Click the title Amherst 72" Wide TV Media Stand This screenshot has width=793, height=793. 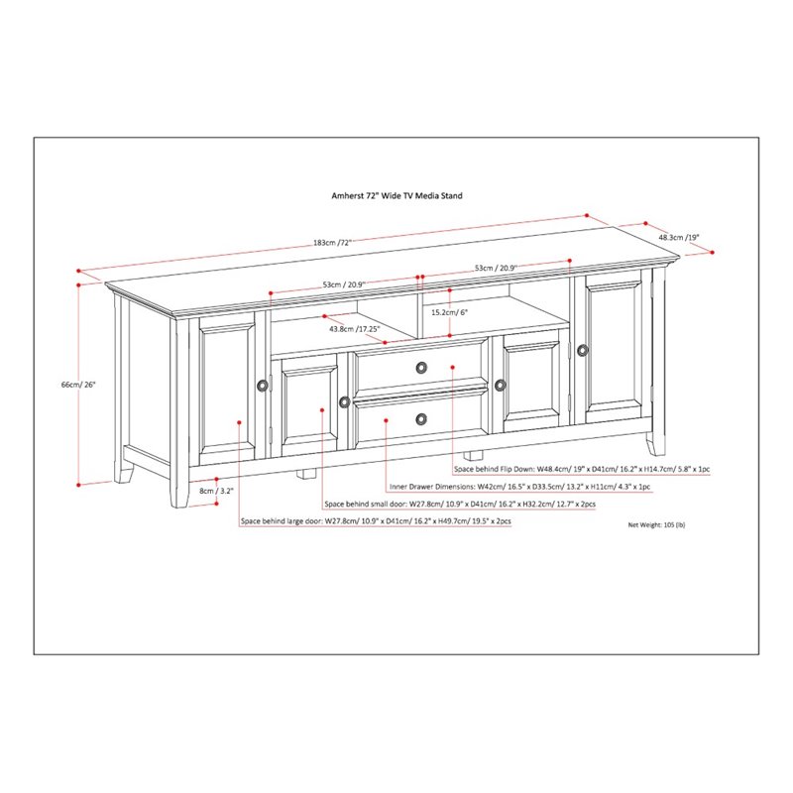coord(396,196)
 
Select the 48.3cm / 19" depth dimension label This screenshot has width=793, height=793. coord(679,237)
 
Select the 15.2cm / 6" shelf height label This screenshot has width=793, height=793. coord(448,312)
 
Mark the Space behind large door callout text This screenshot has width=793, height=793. coord(375,522)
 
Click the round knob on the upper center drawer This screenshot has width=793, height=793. coord(421,368)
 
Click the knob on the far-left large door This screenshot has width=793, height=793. coord(261,386)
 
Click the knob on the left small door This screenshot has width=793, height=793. coord(344,401)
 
